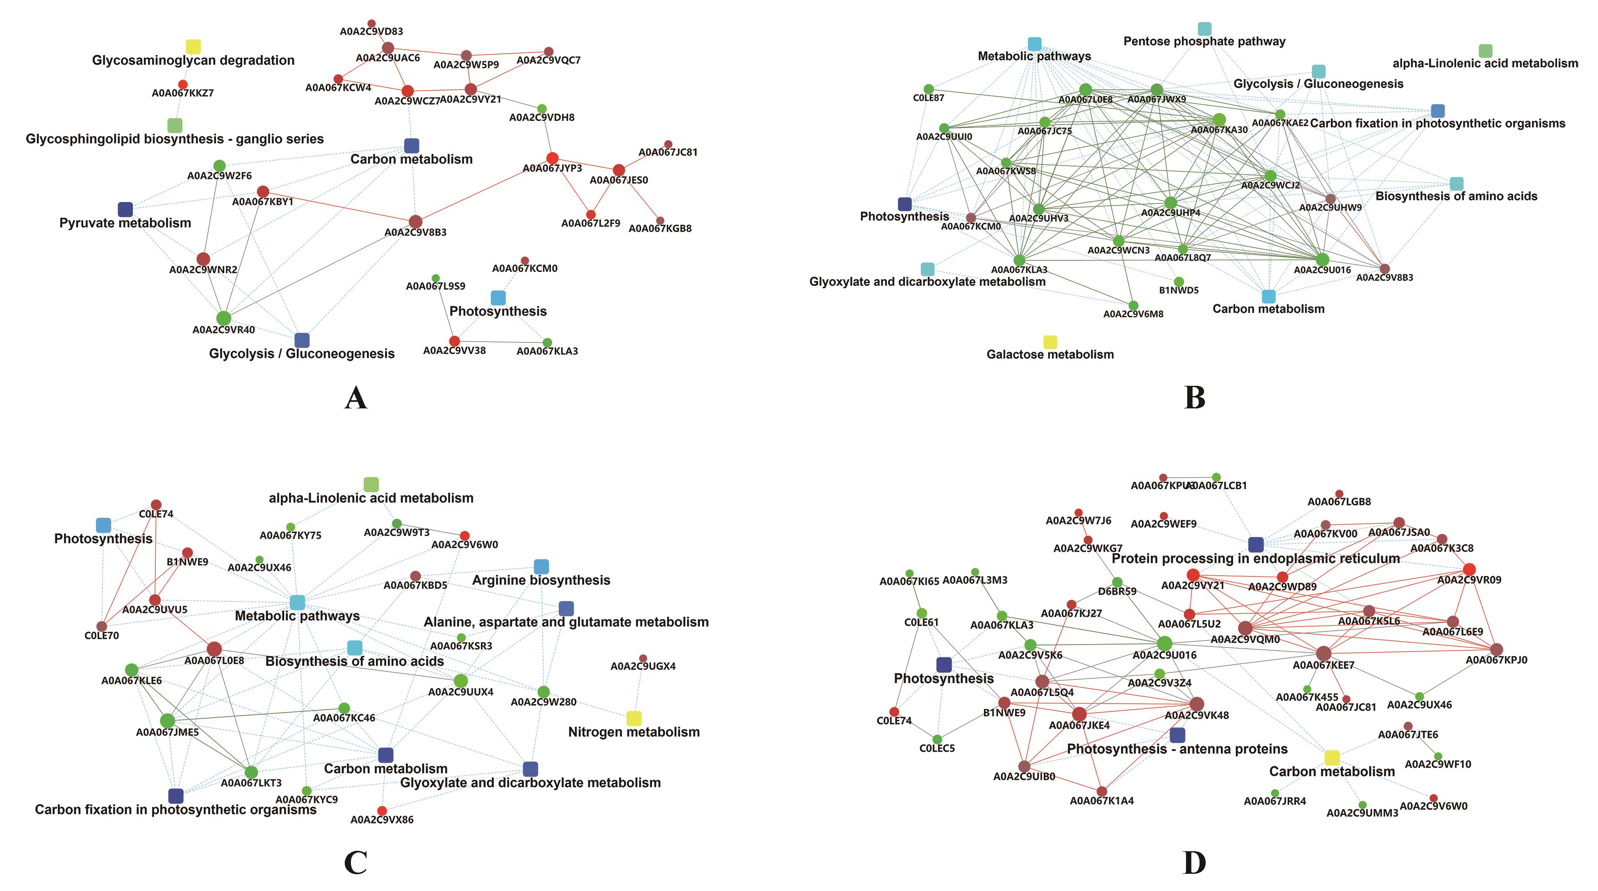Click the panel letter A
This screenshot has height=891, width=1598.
click(355, 398)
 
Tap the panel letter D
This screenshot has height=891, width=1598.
click(1194, 862)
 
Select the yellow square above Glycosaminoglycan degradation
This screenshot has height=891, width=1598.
click(193, 46)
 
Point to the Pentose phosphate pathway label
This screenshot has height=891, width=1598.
click(1204, 41)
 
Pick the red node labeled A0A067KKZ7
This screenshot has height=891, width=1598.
click(182, 84)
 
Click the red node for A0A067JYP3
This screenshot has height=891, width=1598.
click(552, 158)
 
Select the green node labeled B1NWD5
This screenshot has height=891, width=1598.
click(1179, 282)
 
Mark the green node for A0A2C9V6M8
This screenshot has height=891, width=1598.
click(1134, 305)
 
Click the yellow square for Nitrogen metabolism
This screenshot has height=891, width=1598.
click(633, 718)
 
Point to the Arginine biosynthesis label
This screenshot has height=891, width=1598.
click(541, 580)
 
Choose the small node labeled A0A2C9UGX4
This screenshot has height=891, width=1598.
click(643, 659)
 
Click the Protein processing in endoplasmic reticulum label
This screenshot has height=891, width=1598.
click(1256, 558)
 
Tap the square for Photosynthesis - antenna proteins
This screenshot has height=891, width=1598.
click(1177, 735)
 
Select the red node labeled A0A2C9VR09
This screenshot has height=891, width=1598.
click(1469, 570)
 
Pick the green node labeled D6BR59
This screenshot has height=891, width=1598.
click(1117, 582)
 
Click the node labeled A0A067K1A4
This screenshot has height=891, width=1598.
click(1102, 791)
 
